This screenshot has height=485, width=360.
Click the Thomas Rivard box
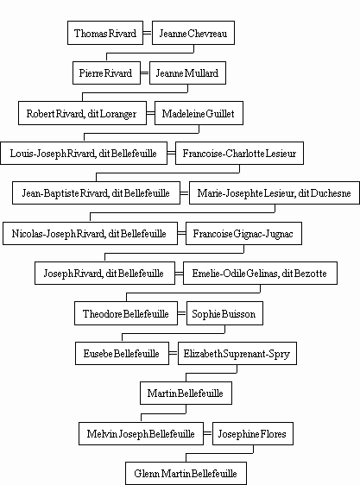(x=105, y=33)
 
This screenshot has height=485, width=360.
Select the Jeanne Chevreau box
(x=193, y=33)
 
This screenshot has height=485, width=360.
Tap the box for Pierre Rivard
(x=106, y=72)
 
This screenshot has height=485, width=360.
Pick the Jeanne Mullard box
(x=187, y=72)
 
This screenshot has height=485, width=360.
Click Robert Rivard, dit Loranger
(x=82, y=113)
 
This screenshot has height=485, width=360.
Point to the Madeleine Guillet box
(x=199, y=113)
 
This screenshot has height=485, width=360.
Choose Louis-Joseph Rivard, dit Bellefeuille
(x=84, y=153)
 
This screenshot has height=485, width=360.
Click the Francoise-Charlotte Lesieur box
(x=239, y=153)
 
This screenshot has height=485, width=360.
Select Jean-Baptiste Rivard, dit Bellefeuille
(x=96, y=193)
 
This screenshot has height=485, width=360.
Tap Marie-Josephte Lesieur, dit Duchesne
(x=275, y=193)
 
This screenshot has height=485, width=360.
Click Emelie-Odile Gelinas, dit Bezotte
(x=260, y=273)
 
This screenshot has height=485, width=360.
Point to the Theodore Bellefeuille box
(x=126, y=313)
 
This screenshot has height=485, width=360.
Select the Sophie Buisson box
(x=224, y=313)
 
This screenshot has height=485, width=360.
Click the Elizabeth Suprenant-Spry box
(x=237, y=353)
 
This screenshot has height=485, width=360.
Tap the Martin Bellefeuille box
(x=186, y=393)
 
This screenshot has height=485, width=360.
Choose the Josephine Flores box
(x=253, y=434)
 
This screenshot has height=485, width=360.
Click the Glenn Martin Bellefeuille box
(x=186, y=473)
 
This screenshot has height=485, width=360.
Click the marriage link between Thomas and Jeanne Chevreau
(x=148, y=33)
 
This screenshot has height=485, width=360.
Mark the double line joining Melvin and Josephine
(x=208, y=433)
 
